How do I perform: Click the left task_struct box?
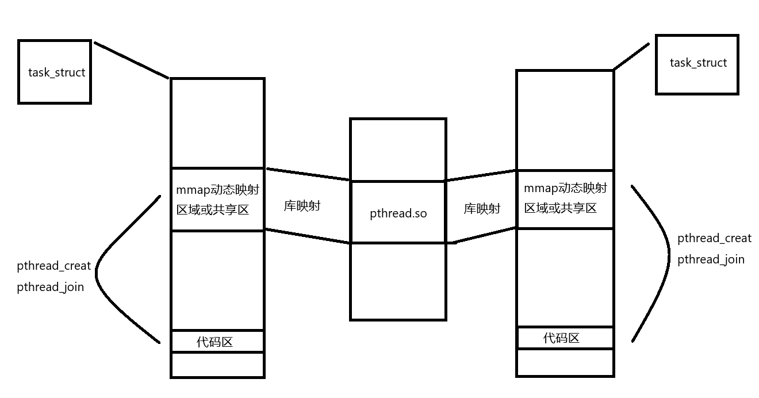[x=55, y=72]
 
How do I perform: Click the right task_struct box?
[x=697, y=64]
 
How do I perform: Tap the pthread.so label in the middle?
[x=398, y=213]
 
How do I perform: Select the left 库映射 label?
[x=302, y=206]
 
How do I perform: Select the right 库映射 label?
[x=482, y=209]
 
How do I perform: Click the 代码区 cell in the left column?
[x=217, y=342]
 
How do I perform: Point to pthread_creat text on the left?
[x=54, y=266]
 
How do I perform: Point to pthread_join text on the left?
[x=51, y=286]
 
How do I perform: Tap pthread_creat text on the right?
[x=714, y=238]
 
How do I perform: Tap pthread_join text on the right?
[x=711, y=259]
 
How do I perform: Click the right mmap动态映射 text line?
[x=565, y=187]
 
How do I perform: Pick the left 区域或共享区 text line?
[x=213, y=209]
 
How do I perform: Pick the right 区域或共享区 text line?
[x=560, y=208]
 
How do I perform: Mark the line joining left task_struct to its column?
[x=131, y=60]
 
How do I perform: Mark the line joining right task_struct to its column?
[x=631, y=56]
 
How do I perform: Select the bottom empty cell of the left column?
[x=217, y=364]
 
